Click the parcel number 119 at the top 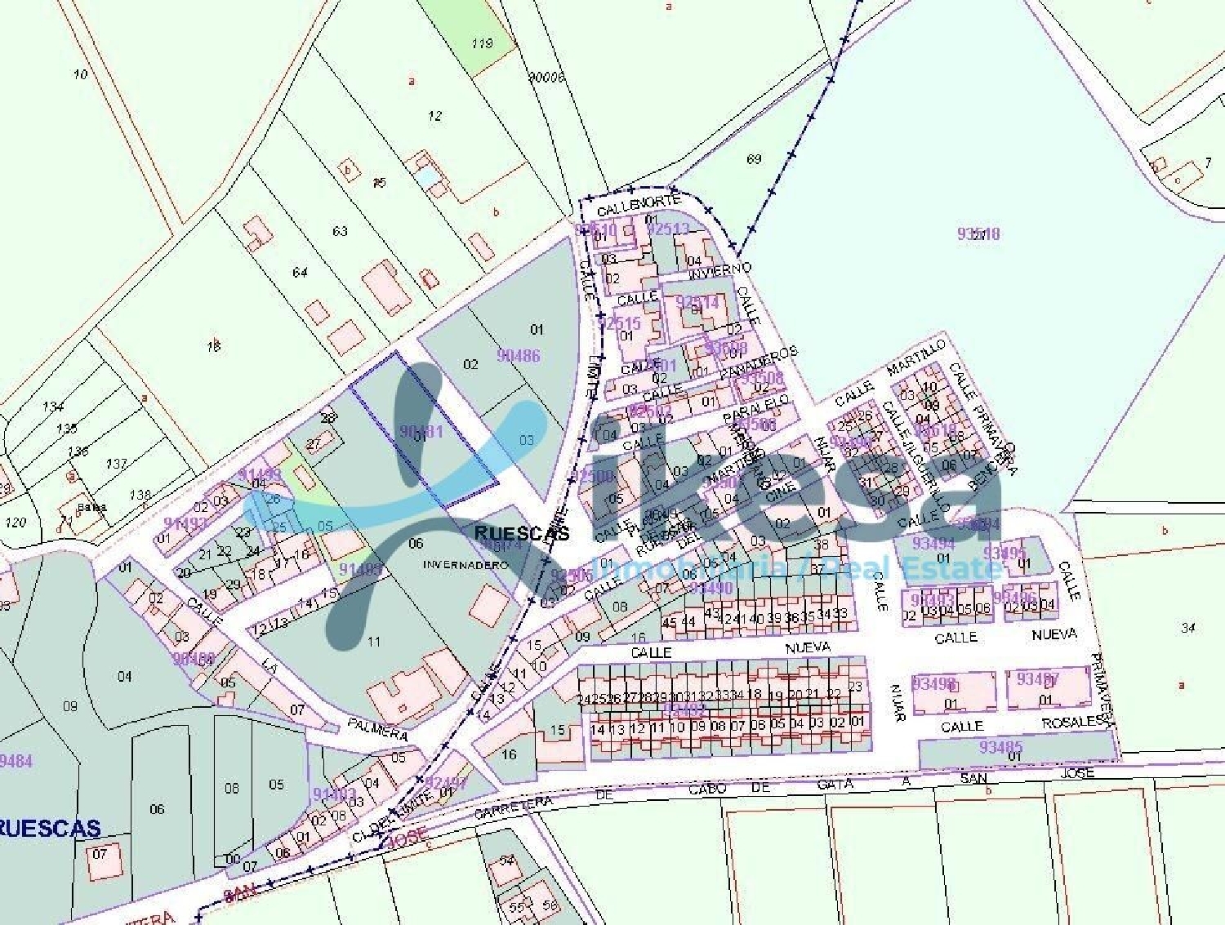482,43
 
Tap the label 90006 546,78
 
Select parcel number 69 754,158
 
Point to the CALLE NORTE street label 638,203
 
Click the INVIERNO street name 719,269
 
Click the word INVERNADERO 465,564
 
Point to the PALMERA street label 376,728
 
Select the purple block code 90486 519,355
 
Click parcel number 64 300,272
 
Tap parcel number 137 117,464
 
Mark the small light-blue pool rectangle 425,176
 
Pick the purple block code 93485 1000,746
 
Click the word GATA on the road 835,785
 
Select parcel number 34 1188,628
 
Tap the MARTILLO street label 916,357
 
